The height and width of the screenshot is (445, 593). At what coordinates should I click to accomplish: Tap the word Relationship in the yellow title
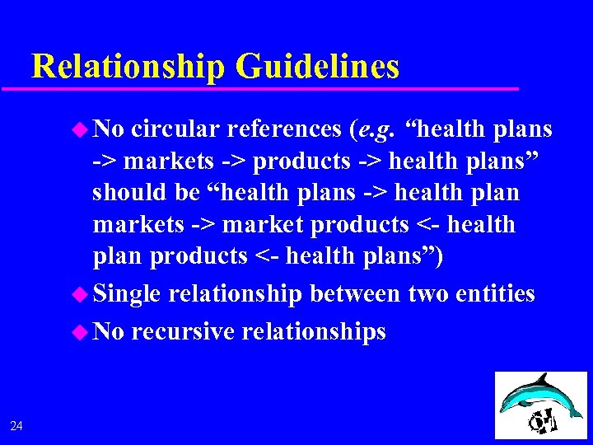coord(128,66)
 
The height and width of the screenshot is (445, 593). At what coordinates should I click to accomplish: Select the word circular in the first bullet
coord(175,129)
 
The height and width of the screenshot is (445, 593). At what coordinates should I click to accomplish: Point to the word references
coord(283,129)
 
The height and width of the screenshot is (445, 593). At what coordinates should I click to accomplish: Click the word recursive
coord(183,331)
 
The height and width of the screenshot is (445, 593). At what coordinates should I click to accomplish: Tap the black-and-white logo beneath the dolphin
coord(544,420)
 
